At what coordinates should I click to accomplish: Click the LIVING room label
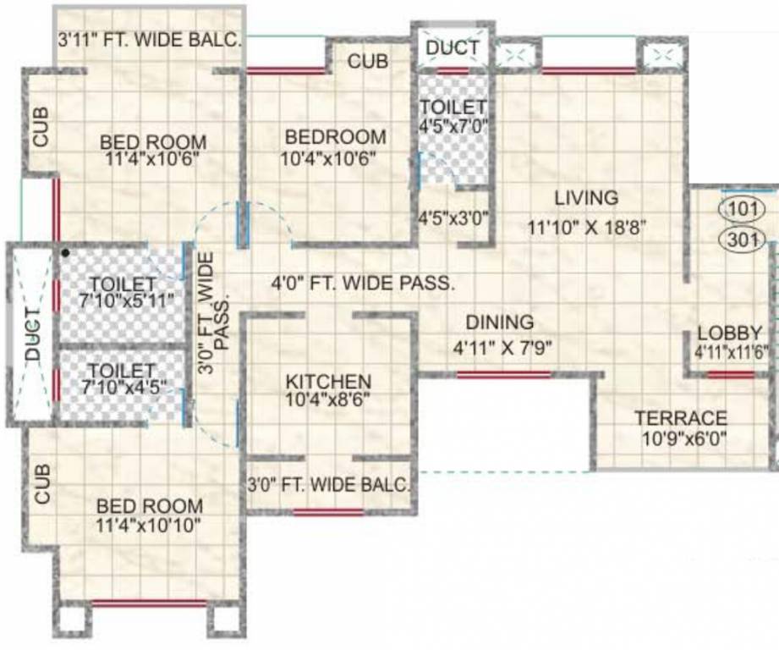pyautogui.click(x=586, y=198)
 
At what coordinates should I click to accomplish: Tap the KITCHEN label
pyautogui.click(x=327, y=382)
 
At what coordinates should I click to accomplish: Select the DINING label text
pyautogui.click(x=500, y=322)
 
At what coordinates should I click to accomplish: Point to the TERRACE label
pyautogui.click(x=680, y=418)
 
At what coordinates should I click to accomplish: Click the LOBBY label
pyautogui.click(x=729, y=333)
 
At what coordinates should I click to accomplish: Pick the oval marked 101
pyautogui.click(x=742, y=208)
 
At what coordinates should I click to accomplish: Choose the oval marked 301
pyautogui.click(x=742, y=240)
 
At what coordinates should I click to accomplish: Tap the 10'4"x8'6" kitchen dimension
pyautogui.click(x=328, y=399)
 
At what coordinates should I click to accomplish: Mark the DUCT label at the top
pyautogui.click(x=452, y=48)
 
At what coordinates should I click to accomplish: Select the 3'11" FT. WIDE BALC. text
pyautogui.click(x=150, y=39)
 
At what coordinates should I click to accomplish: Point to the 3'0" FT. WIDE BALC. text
pyautogui.click(x=329, y=486)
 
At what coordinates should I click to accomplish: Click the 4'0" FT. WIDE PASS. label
pyautogui.click(x=363, y=284)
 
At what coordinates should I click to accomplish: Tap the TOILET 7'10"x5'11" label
pyautogui.click(x=123, y=291)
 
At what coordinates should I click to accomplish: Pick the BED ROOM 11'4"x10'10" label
pyautogui.click(x=150, y=515)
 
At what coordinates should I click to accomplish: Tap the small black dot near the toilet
pyautogui.click(x=64, y=252)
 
